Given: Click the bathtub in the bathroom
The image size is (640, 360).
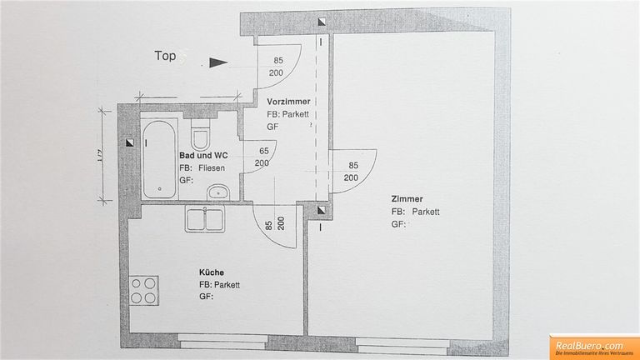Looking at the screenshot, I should (158, 158).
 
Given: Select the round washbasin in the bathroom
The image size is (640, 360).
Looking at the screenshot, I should (219, 191).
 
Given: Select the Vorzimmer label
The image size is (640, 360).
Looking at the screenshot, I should (288, 101).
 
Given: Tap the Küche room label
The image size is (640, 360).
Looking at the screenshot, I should (212, 272).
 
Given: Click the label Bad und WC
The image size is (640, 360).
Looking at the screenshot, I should (203, 155).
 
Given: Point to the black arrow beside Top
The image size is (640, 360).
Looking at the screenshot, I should (217, 62).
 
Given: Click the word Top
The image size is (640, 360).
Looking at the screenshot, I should (165, 56).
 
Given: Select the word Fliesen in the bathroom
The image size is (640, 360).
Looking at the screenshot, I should (212, 167).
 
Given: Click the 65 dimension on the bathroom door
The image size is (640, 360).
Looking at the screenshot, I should (263, 151).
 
